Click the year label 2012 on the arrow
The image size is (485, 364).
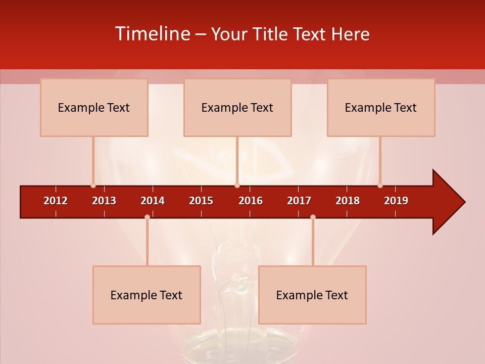point(56,201)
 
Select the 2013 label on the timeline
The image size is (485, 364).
point(104,201)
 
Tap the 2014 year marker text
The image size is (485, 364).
point(153,201)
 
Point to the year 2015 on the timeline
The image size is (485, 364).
point(201,201)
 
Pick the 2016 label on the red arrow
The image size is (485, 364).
point(251,201)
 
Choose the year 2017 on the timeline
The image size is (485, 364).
point(299,201)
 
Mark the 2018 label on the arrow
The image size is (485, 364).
point(348,201)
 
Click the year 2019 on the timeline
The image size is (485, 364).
point(396,201)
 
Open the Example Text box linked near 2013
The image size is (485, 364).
point(94,107)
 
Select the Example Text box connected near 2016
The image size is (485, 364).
point(237,107)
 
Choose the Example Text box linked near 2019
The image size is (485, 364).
point(381,107)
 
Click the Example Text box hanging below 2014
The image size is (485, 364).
point(147,295)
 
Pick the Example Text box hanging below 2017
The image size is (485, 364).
point(312,295)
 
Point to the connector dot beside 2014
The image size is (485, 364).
point(147,217)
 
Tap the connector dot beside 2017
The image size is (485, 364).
point(313,217)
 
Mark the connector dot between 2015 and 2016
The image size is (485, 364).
point(237,185)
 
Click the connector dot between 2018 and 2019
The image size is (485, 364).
point(380,185)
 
